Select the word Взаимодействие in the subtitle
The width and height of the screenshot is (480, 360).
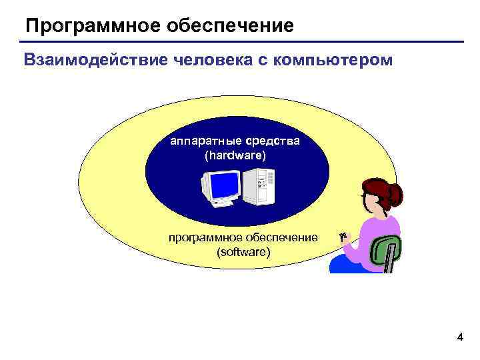coord(97,61)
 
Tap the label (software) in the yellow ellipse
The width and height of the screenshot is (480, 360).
coord(243,252)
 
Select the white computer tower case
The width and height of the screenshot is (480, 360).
coord(259,186)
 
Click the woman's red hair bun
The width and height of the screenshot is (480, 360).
coord(395,195)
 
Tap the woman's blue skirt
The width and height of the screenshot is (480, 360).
coord(347,265)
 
